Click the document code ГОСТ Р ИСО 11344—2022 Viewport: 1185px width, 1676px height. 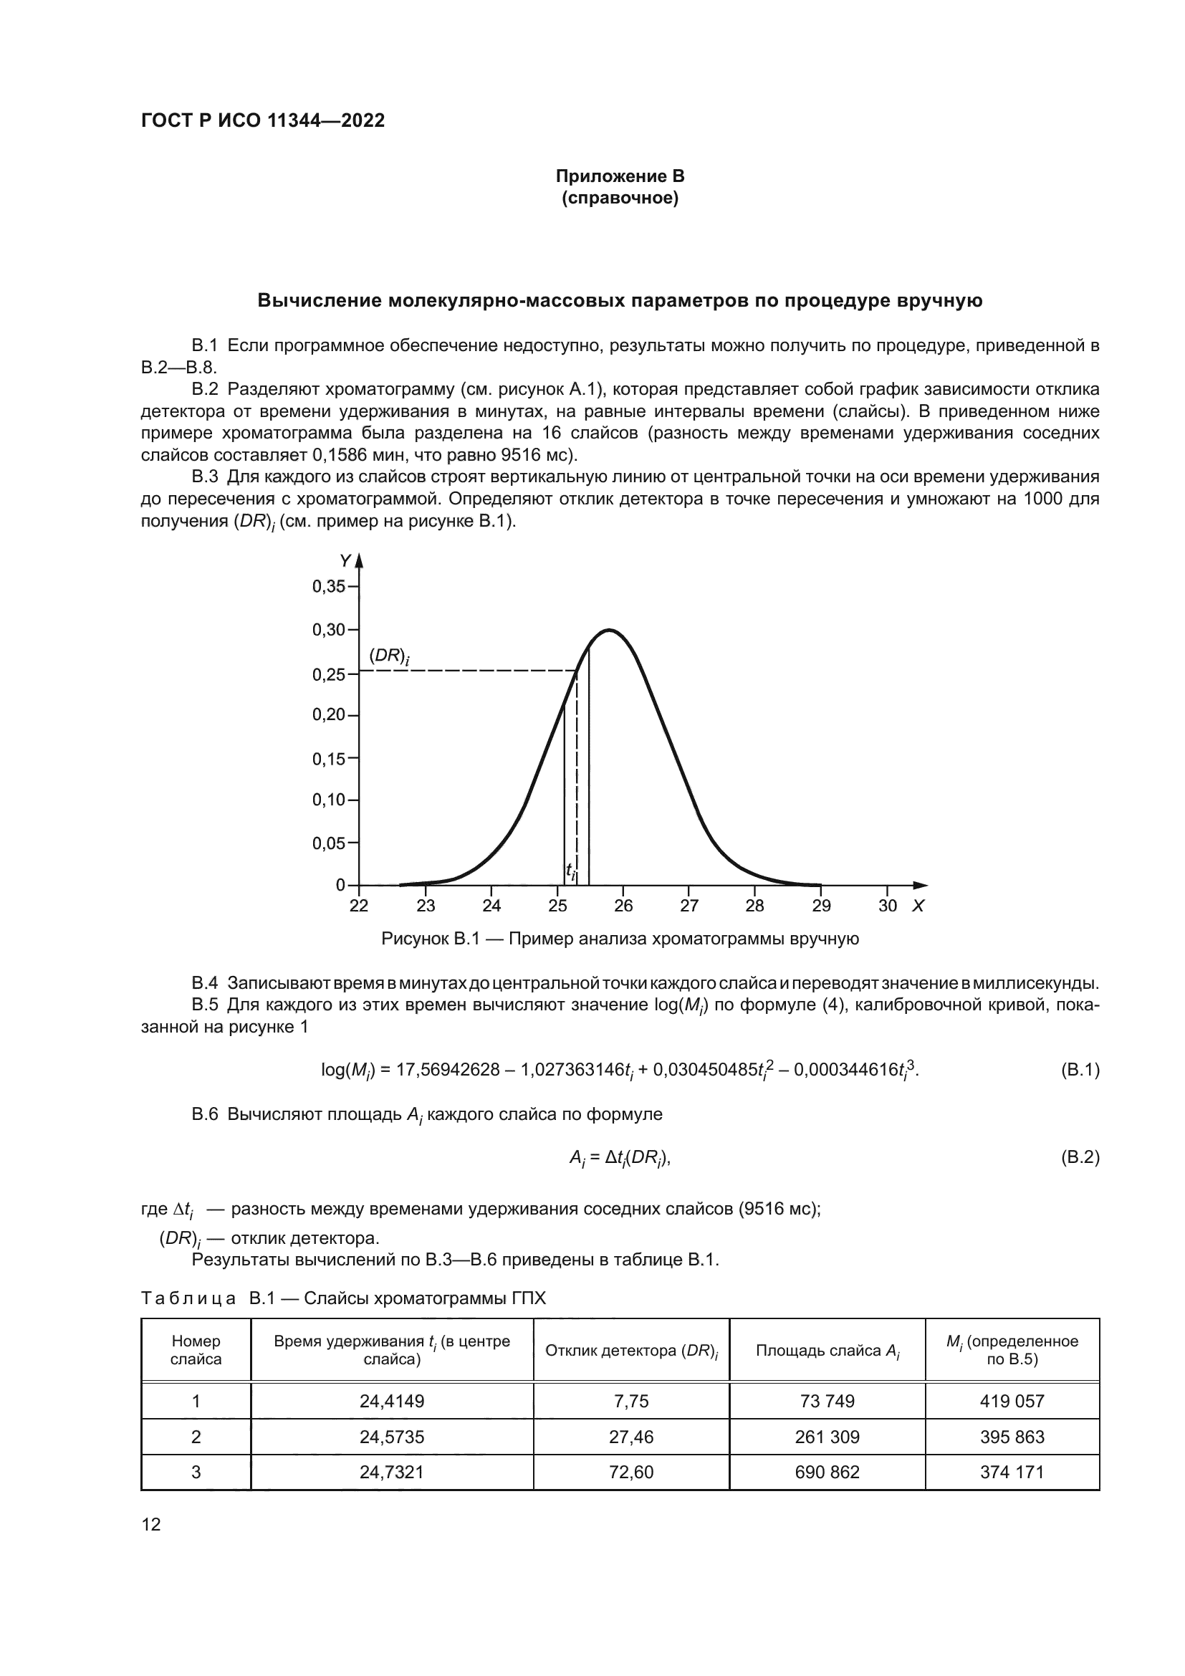pos(263,121)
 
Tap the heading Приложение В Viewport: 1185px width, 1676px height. pos(620,176)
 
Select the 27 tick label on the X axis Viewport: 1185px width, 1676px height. pos(689,906)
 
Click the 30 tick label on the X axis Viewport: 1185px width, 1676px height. pos(887,906)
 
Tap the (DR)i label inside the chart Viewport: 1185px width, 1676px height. pos(389,656)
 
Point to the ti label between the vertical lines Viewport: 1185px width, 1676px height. pos(570,870)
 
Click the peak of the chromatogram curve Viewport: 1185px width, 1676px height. pos(608,630)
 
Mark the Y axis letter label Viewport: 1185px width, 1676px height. pos(345,560)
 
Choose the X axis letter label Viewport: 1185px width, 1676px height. pos(918,906)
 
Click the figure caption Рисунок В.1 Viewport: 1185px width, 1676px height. pos(620,939)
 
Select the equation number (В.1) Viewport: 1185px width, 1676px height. pos(1079,1070)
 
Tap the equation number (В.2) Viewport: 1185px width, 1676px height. pos(1079,1158)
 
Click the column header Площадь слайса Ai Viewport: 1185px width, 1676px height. pos(827,1351)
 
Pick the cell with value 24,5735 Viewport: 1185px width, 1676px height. pos(392,1437)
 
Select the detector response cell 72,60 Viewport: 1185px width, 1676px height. pos(631,1472)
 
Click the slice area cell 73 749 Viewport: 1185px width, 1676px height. pos(827,1401)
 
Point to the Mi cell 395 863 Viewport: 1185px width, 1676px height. pos(1012,1437)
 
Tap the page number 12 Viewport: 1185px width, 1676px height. pos(151,1524)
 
